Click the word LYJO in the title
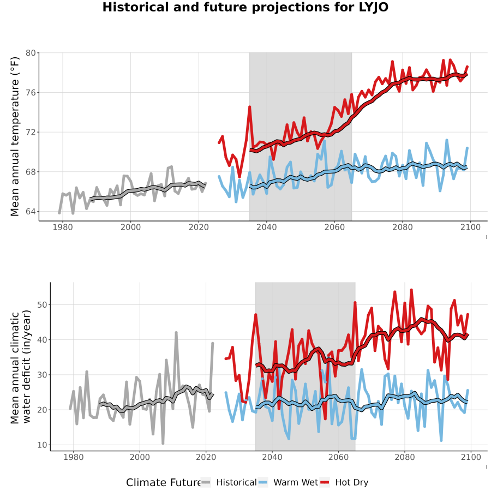pyautogui.click(x=374, y=7)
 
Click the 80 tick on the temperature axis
pyautogui.click(x=31, y=53)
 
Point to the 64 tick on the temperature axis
pyautogui.click(x=31, y=211)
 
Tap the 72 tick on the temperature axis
pyautogui.click(x=31, y=132)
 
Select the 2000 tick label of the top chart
pyautogui.click(x=130, y=227)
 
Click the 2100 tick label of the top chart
pyautogui.click(x=470, y=227)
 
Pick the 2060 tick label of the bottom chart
pyautogui.click(x=338, y=457)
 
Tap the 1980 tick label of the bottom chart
pyautogui.click(x=74, y=457)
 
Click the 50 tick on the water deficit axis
pyautogui.click(x=42, y=304)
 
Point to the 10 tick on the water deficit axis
pyautogui.click(x=42, y=445)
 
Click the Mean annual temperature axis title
pyautogui.click(x=15, y=136)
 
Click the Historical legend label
pyautogui.click(x=236, y=483)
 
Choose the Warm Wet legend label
pyautogui.click(x=296, y=483)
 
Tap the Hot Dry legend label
pyautogui.click(x=352, y=483)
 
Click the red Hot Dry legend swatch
pyautogui.click(x=325, y=483)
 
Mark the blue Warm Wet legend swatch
pyautogui.click(x=263, y=483)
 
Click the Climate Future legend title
pyautogui.click(x=164, y=483)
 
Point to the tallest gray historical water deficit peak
pyautogui.click(x=176, y=333)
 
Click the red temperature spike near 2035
pyautogui.click(x=249, y=107)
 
